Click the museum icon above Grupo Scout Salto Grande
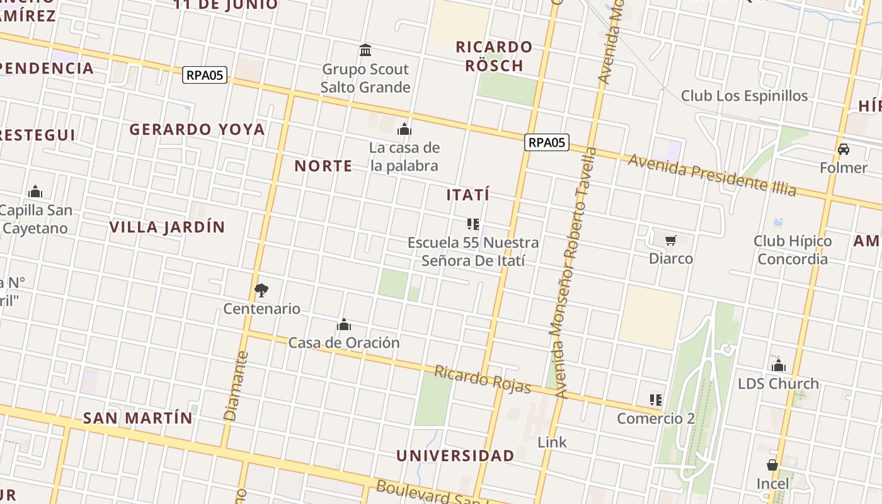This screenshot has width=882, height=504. (365, 50)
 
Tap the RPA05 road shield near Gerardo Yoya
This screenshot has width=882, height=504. (205, 75)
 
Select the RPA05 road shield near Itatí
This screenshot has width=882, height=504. (546, 142)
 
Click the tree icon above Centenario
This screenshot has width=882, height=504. (261, 290)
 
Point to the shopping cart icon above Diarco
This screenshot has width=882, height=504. (670, 240)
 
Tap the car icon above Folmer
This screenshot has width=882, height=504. (844, 149)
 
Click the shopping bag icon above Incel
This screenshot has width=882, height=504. (772, 466)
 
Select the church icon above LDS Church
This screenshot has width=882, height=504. (779, 365)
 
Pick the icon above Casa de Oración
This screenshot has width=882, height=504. (344, 324)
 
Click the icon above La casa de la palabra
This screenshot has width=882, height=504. (404, 130)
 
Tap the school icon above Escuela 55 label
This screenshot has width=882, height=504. (473, 224)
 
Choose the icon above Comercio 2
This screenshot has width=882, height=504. (655, 400)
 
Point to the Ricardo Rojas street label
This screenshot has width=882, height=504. (483, 379)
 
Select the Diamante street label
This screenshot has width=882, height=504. (234, 386)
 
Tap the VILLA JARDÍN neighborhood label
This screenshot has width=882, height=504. (168, 227)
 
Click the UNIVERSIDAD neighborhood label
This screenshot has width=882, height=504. (455, 455)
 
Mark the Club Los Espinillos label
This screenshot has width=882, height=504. (744, 96)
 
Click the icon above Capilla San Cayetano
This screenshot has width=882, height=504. (35, 192)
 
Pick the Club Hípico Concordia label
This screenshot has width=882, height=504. (793, 250)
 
